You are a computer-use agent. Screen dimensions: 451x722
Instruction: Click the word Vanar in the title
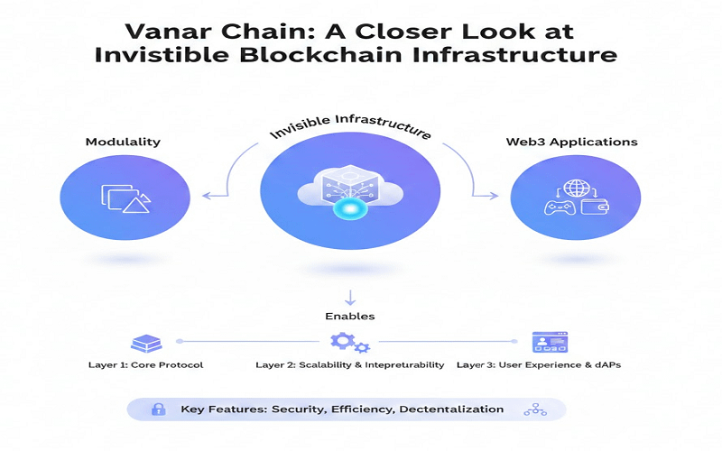(x=164, y=31)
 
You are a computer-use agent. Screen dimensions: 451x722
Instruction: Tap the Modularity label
(x=123, y=143)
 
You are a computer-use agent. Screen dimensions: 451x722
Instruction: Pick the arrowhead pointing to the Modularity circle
(x=206, y=196)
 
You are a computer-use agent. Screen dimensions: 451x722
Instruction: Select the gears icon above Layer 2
(x=348, y=343)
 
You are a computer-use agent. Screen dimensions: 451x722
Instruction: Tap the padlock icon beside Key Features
(x=159, y=409)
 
